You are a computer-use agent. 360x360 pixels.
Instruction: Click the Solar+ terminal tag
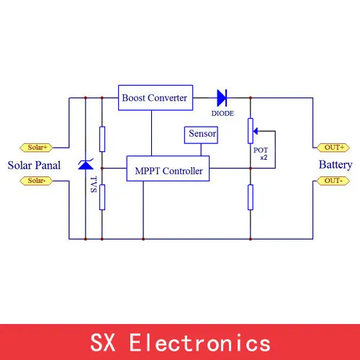click(36, 148)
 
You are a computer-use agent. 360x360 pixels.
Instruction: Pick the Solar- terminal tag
click(36, 181)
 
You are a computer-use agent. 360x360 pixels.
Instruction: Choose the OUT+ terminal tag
click(333, 148)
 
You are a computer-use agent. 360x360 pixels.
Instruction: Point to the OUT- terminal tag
click(333, 181)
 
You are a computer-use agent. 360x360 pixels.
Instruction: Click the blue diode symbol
click(222, 98)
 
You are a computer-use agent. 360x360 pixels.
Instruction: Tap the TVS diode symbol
click(86, 164)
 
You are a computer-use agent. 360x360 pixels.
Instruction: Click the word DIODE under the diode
click(222, 113)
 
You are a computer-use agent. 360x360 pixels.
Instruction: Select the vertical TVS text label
click(94, 184)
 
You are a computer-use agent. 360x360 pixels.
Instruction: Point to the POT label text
click(261, 150)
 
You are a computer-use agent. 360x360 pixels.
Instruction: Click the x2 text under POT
click(264, 158)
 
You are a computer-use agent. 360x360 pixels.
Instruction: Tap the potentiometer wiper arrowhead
click(256, 131)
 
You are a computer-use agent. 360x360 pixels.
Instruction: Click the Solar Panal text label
click(34, 165)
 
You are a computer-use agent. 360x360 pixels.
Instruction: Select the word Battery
click(336, 165)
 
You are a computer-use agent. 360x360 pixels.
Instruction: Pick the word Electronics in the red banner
click(200, 343)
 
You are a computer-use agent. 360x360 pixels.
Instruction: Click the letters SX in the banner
click(103, 343)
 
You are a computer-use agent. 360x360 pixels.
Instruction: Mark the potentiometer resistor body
click(251, 131)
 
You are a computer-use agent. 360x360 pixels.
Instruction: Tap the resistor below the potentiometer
click(251, 197)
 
